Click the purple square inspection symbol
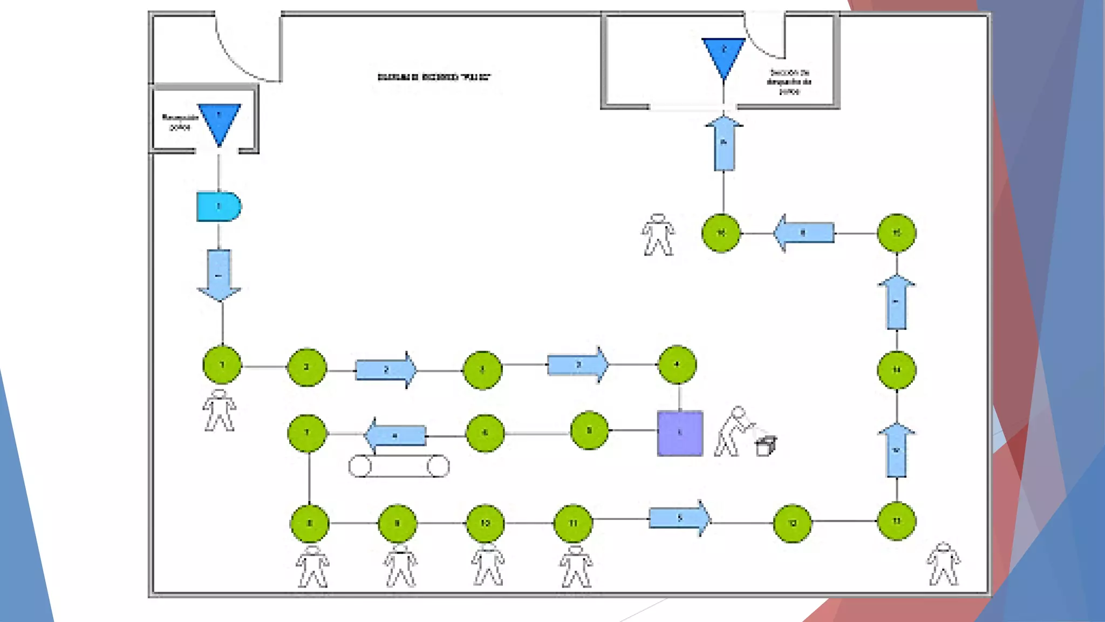pos(680,433)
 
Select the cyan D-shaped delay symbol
pos(218,207)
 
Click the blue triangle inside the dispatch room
pos(724,56)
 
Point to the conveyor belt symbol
pos(399,466)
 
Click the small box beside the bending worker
pos(766,446)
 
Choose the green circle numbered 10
pos(485,523)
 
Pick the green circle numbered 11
pos(573,523)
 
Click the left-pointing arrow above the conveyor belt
pos(395,435)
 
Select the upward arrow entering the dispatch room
pos(724,144)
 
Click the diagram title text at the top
pos(434,77)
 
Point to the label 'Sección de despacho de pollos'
pos(789,82)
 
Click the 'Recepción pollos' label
pos(180,122)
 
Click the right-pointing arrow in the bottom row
pos(680,518)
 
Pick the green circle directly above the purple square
pos(677,365)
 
